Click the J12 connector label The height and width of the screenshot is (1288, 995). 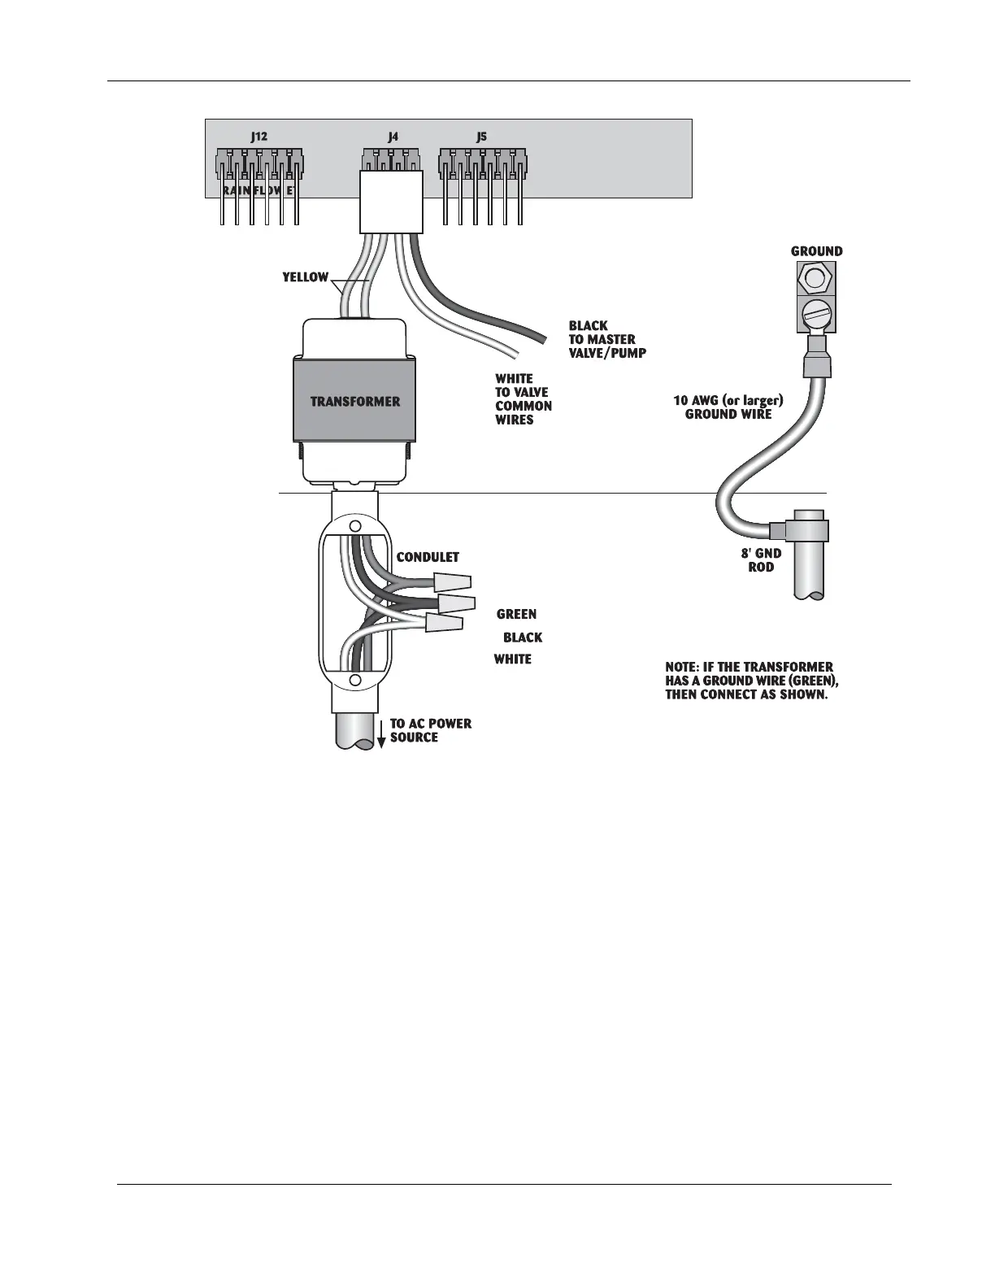259,137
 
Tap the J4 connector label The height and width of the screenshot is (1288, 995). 393,137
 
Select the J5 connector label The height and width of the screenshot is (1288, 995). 481,137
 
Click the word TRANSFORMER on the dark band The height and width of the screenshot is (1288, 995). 355,402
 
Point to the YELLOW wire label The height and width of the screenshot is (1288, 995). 305,277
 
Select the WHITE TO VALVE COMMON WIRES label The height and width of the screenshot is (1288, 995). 523,399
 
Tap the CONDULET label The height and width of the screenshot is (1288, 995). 428,557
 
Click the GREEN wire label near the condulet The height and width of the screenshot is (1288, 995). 516,614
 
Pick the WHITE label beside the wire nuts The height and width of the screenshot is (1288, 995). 513,659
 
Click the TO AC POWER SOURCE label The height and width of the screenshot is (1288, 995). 430,730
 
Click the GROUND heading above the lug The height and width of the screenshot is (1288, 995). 816,251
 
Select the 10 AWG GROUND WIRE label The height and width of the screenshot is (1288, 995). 728,407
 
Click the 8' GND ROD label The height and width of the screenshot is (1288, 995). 761,560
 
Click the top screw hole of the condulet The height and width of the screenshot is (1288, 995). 355,527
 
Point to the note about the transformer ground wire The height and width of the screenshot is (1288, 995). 751,681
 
